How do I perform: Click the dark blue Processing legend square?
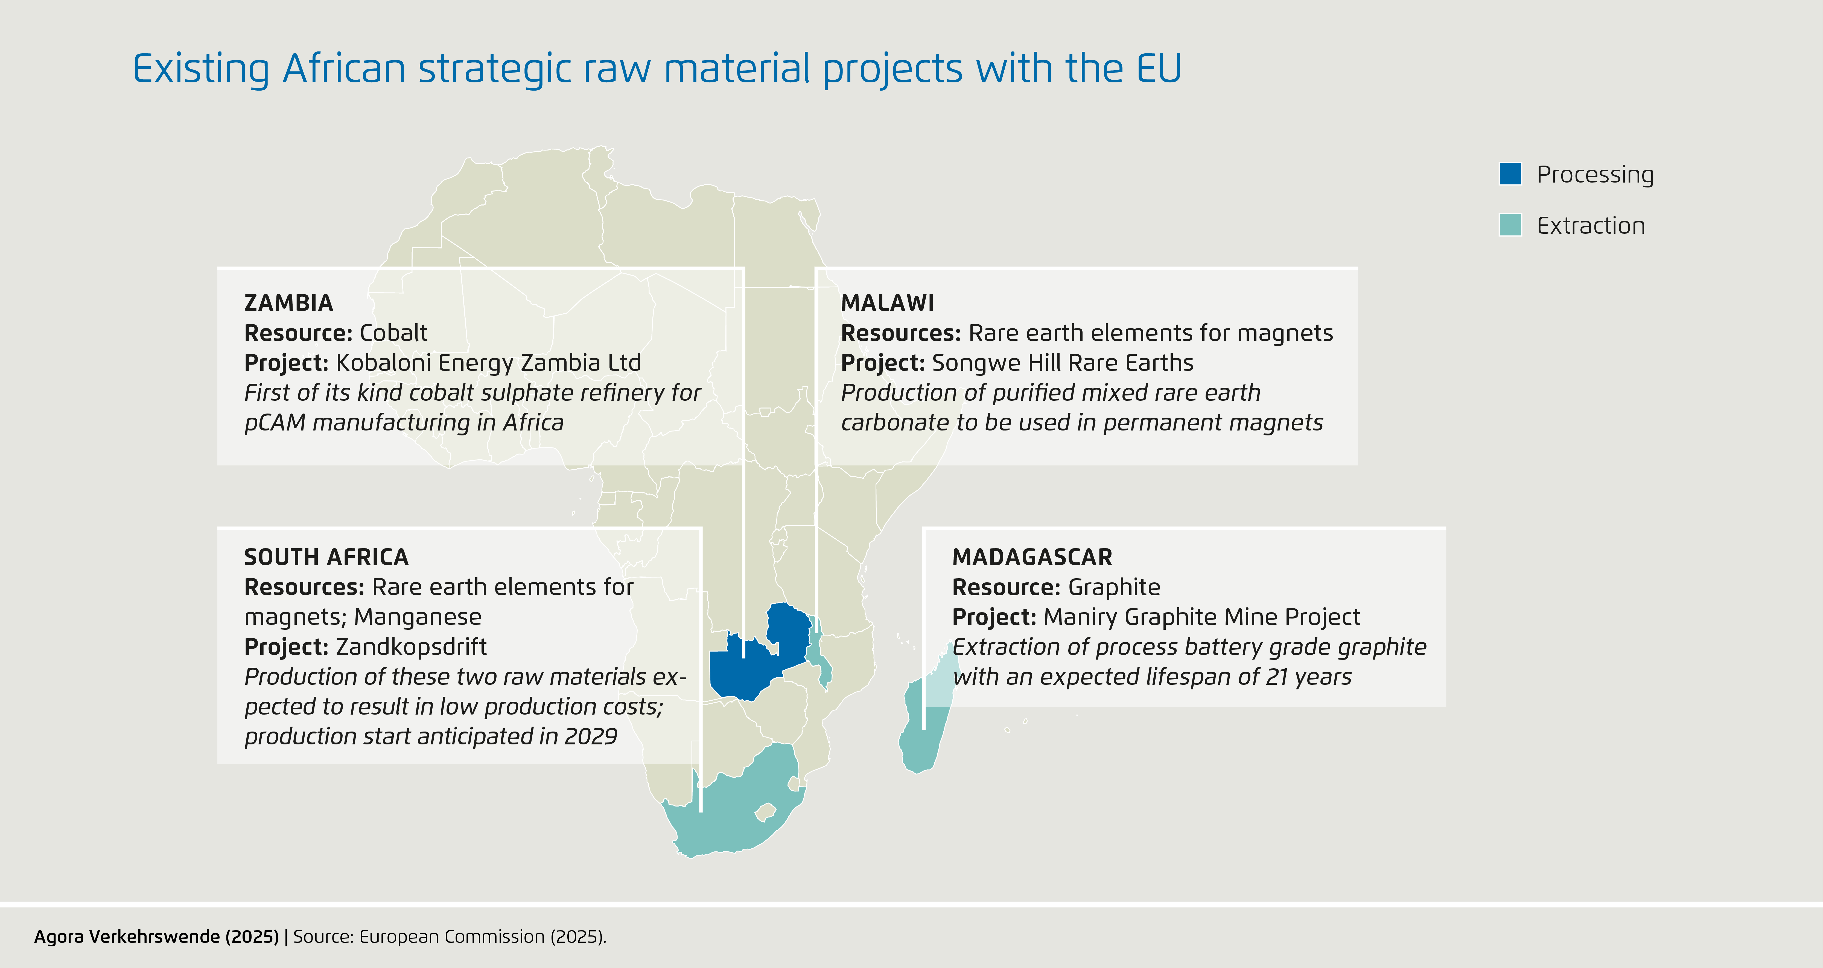[1510, 174]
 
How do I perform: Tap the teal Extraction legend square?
[1510, 224]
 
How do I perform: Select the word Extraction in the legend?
[1591, 225]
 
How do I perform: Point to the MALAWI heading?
[888, 303]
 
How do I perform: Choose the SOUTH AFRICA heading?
[326, 557]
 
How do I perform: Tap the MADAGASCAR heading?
[1032, 557]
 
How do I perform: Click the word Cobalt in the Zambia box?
[393, 333]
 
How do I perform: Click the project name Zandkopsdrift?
[411, 646]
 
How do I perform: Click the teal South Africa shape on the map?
[736, 807]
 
